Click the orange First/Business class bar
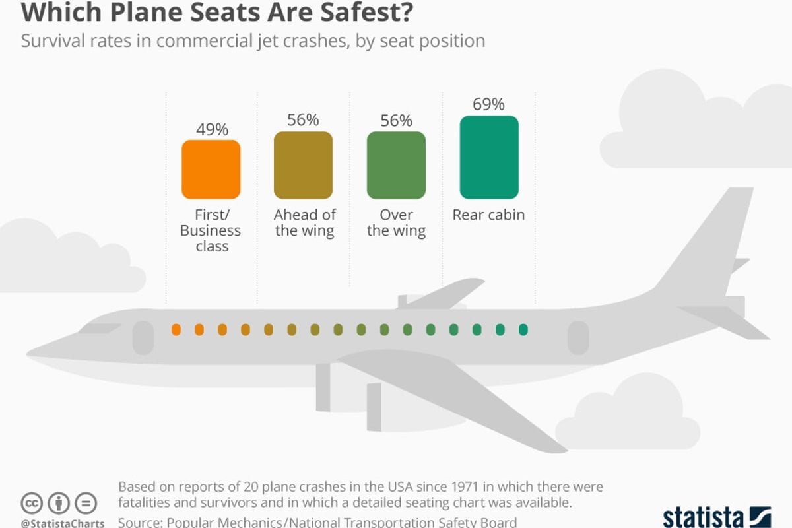211,169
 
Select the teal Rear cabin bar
489,157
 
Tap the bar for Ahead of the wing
303,165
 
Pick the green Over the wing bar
396,165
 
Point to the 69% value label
489,104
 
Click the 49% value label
211,129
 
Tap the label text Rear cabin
489,215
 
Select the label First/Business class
211,231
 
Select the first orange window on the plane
176,329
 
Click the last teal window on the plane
523,329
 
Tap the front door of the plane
143,338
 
